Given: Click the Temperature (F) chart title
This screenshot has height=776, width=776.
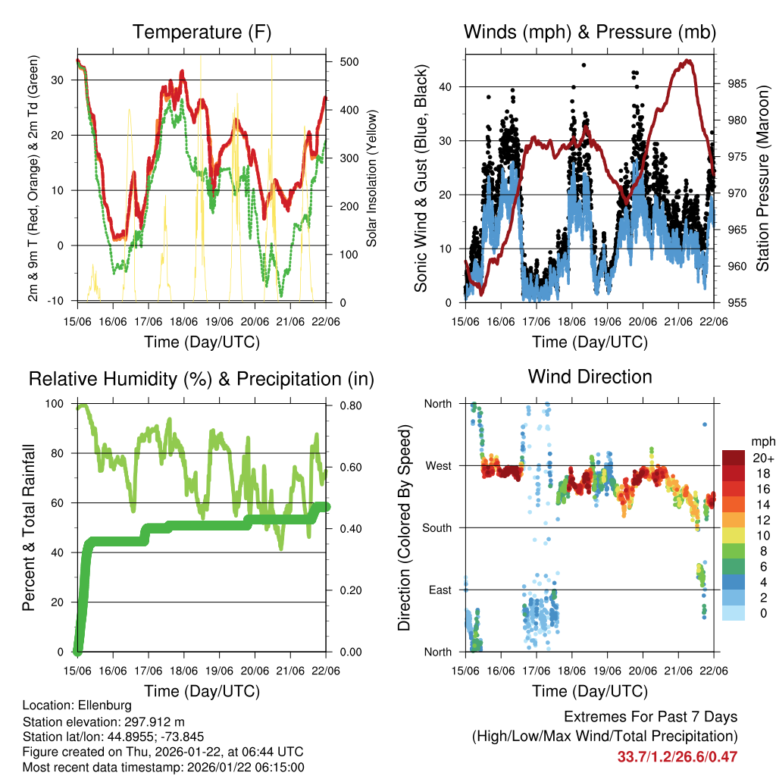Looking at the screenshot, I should click(202, 32).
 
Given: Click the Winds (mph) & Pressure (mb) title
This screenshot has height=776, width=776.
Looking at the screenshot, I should click(590, 32).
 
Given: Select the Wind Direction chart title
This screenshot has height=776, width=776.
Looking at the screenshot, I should click(590, 376).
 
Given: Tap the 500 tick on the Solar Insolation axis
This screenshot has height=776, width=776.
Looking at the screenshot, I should click(348, 61).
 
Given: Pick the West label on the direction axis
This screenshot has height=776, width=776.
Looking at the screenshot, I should click(437, 465).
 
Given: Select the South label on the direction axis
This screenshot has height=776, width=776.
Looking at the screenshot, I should click(436, 527).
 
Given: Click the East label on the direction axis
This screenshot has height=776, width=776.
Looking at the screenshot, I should click(439, 590).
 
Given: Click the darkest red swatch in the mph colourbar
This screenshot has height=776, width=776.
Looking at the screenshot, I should click(734, 458).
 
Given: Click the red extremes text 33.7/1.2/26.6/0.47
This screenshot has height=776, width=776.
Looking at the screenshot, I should click(677, 756).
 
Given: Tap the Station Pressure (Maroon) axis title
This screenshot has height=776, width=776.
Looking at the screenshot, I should click(762, 177).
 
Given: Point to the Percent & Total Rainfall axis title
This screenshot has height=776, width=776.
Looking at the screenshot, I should click(28, 527).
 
